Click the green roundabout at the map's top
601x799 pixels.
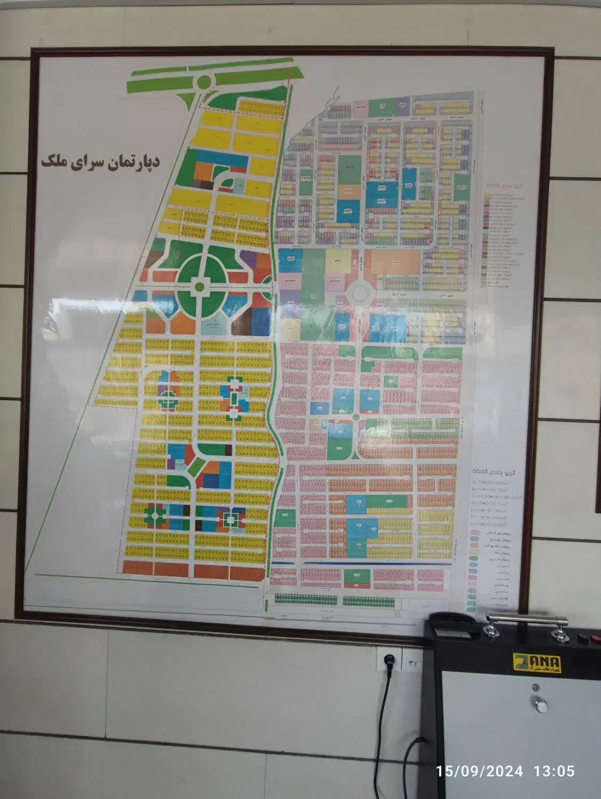pyautogui.click(x=203, y=82)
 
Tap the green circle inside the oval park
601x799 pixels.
pyautogui.click(x=199, y=287)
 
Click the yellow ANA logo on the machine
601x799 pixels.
pyautogui.click(x=536, y=663)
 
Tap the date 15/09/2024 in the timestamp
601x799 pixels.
pyautogui.click(x=479, y=771)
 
